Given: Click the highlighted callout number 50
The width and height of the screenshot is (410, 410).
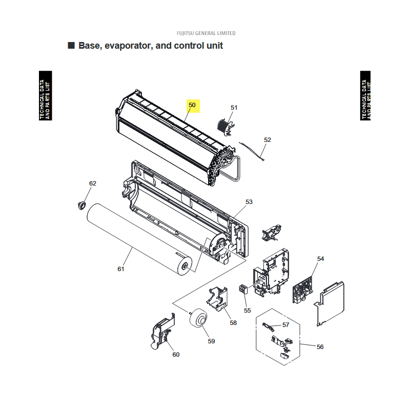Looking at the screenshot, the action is coord(192,105).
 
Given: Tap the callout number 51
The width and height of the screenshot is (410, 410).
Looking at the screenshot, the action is coord(234,108).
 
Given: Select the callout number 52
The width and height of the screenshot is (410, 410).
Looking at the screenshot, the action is coord(268,140).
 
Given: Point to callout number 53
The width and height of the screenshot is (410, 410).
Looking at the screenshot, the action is coord(249,202).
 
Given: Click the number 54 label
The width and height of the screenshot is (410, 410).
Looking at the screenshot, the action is coord(321,259).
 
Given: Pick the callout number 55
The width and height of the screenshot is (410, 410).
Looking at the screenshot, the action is coord(248,311).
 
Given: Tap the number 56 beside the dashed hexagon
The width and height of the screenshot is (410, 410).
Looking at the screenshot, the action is coord(320,347).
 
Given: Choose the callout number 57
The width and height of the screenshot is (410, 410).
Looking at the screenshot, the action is coord(286,325).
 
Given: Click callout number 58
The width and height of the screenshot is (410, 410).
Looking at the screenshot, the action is coord(233,323).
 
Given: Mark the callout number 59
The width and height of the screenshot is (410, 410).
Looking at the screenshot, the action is coord(211,341).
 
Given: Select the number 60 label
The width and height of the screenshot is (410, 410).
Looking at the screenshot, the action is coord(176,355).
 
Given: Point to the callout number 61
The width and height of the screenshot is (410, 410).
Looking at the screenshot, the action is coord(121,269).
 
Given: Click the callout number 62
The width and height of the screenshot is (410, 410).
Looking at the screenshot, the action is coord(93,183).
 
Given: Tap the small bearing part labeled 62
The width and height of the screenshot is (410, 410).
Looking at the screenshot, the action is coord(82,206).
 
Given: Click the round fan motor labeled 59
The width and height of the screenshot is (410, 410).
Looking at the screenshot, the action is coord(198,317).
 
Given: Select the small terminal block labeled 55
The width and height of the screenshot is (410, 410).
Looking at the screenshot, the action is coord(243,289).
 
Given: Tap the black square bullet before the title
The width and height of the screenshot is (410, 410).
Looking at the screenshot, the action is coord(71,45).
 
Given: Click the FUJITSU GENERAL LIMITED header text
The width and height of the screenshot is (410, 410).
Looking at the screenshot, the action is coord(206,33).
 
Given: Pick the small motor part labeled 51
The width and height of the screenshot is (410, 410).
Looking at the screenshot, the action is coord(225,127).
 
